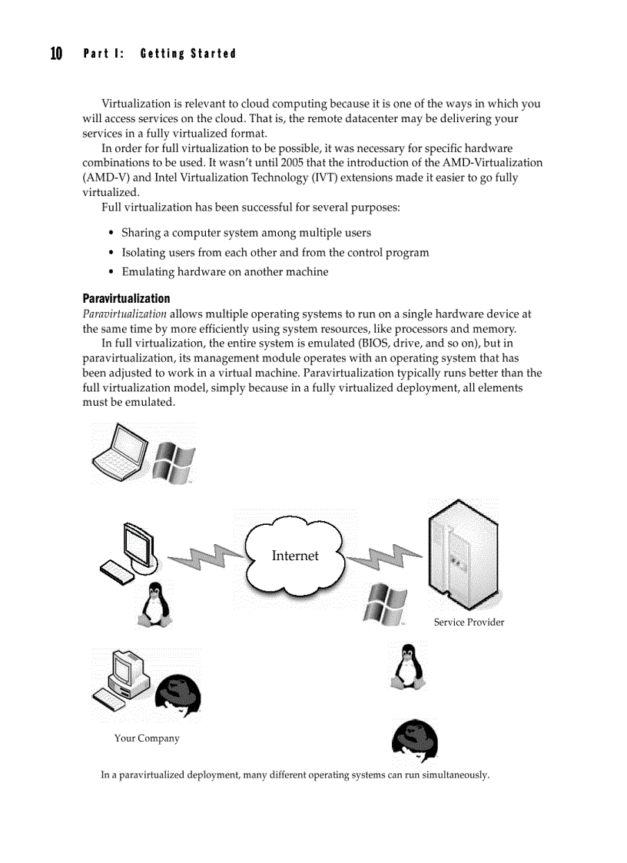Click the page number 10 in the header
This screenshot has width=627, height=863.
click(56, 53)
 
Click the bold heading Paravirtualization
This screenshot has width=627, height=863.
click(126, 298)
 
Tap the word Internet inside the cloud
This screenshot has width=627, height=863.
click(294, 556)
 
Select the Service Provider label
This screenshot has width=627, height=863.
click(469, 622)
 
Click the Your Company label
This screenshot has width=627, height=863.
click(147, 739)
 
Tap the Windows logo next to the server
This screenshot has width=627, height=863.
click(384, 603)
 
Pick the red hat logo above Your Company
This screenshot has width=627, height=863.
click(177, 695)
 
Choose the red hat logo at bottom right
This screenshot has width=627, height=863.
click(414, 741)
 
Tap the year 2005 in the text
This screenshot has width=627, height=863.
click(292, 163)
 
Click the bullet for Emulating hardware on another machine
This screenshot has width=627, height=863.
click(112, 272)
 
